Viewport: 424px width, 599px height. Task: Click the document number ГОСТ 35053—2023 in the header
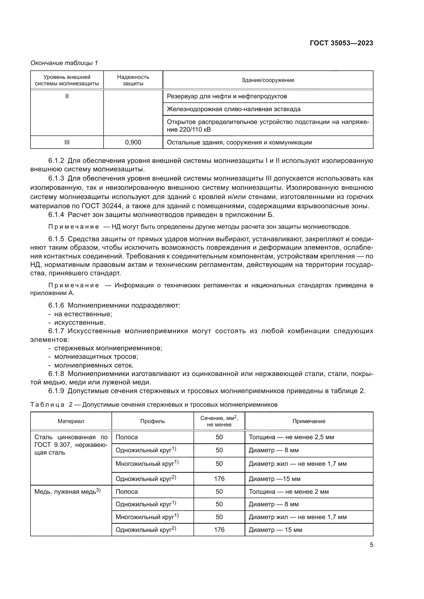point(341,43)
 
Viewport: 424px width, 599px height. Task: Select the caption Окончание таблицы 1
point(64,63)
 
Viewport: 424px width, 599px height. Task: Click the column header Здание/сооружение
point(268,80)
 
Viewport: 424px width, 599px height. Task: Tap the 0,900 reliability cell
point(133,142)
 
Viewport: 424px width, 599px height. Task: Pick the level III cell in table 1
point(67,142)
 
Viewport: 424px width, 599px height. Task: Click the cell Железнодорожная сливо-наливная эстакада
point(234,109)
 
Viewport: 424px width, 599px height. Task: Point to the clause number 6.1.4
point(56,215)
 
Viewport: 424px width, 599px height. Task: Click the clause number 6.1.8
point(56,374)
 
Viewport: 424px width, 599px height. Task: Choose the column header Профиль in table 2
point(153,421)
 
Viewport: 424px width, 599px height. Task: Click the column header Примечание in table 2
point(309,421)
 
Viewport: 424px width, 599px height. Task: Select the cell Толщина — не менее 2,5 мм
point(291,437)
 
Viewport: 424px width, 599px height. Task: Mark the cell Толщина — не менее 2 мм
point(288,491)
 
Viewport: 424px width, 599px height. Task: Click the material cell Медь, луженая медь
point(67,491)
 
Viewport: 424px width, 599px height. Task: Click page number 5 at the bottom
point(371,545)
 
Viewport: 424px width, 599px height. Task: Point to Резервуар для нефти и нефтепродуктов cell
point(227,96)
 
